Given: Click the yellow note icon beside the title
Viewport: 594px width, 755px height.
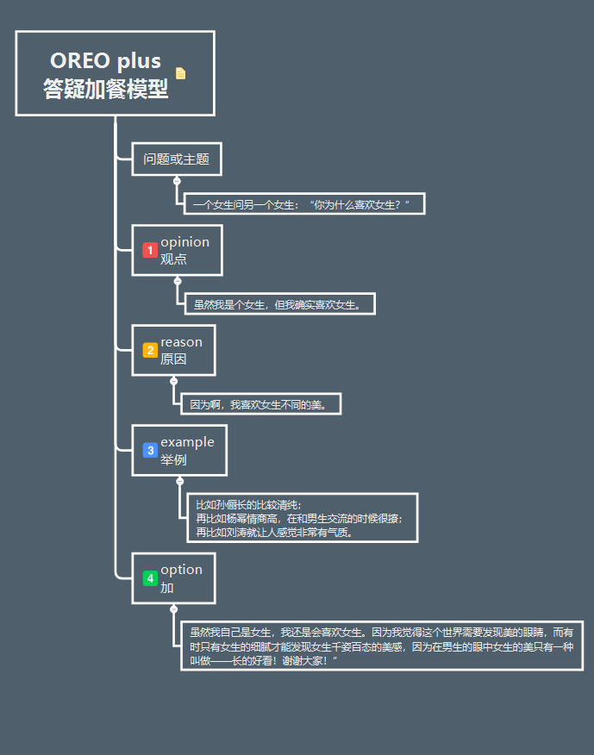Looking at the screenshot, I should click(180, 73).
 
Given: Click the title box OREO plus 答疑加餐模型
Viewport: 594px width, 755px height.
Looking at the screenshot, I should click(105, 74).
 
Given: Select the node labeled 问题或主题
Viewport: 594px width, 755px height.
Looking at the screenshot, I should click(177, 159).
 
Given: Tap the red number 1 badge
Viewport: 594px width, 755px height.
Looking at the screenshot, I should click(150, 250).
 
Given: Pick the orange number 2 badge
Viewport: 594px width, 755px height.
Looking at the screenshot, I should click(150, 350).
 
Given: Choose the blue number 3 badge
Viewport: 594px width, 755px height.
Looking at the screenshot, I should click(150, 450).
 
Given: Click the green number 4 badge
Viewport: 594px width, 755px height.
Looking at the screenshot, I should click(150, 578).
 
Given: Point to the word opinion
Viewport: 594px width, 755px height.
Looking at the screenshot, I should click(184, 241).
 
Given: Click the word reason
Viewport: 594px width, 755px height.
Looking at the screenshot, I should click(181, 342).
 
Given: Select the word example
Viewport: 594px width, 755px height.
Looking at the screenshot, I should click(187, 442).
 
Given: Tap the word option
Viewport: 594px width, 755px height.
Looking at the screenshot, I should click(181, 570).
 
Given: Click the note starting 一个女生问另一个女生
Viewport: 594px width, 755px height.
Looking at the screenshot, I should click(303, 204).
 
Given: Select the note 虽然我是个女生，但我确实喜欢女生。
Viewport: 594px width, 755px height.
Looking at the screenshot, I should click(279, 303).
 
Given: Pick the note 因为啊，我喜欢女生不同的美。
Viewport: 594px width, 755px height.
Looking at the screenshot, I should click(261, 403).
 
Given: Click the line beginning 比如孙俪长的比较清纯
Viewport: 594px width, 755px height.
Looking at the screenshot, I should click(248, 504).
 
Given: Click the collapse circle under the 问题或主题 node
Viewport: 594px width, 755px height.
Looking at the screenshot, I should click(177, 181).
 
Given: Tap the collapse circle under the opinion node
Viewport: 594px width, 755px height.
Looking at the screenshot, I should click(178, 281).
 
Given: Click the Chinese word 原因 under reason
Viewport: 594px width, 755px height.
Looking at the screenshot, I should click(173, 359).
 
